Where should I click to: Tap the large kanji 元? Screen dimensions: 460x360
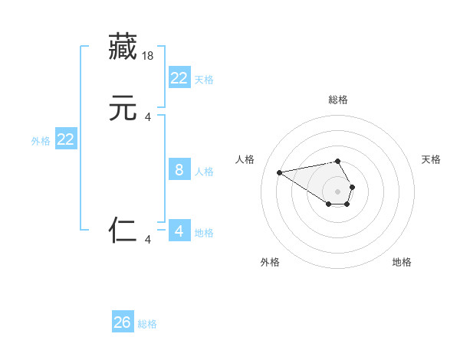click(x=123, y=108)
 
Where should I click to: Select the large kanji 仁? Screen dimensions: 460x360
click(x=123, y=229)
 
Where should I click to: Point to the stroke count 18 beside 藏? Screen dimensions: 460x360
click(x=149, y=55)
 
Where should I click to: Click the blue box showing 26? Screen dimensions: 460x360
click(x=123, y=322)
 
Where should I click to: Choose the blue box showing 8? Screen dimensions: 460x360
click(x=179, y=170)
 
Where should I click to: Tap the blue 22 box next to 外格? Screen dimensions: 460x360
click(x=66, y=139)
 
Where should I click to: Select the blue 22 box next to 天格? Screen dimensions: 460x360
click(x=179, y=78)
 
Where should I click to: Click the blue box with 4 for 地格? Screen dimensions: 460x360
click(x=179, y=231)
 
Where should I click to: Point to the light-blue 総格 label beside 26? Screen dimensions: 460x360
click(x=147, y=324)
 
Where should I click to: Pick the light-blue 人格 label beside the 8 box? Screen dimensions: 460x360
click(x=205, y=172)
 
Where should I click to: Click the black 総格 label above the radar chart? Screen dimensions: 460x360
click(x=338, y=100)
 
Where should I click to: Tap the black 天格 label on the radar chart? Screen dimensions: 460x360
click(x=431, y=159)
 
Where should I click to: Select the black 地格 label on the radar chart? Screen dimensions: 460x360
click(x=402, y=263)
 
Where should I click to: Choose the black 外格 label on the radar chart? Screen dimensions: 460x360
click(x=270, y=263)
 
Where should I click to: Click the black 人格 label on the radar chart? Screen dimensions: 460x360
click(x=245, y=159)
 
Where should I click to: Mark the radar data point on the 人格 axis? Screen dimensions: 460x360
click(x=279, y=172)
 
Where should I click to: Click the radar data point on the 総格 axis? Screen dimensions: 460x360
click(x=338, y=161)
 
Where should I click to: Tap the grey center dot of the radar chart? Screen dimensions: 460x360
click(x=338, y=191)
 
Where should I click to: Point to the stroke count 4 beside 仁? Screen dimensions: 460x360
click(x=149, y=240)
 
